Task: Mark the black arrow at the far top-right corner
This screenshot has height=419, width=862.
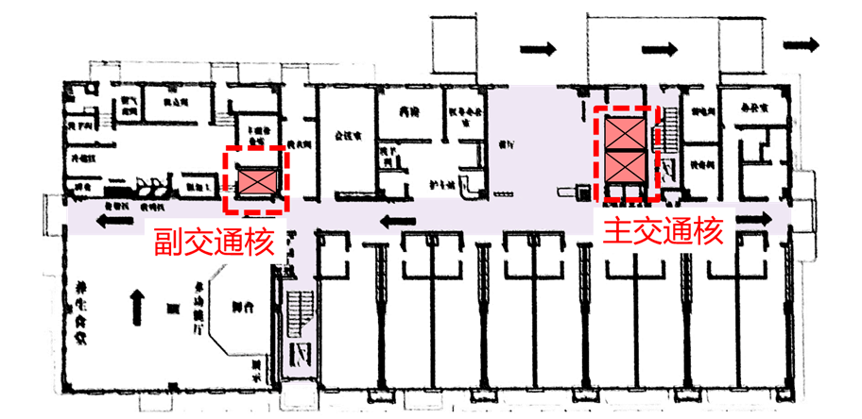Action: coord(802,43)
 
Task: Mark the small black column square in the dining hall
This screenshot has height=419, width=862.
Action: coord(173,309)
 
